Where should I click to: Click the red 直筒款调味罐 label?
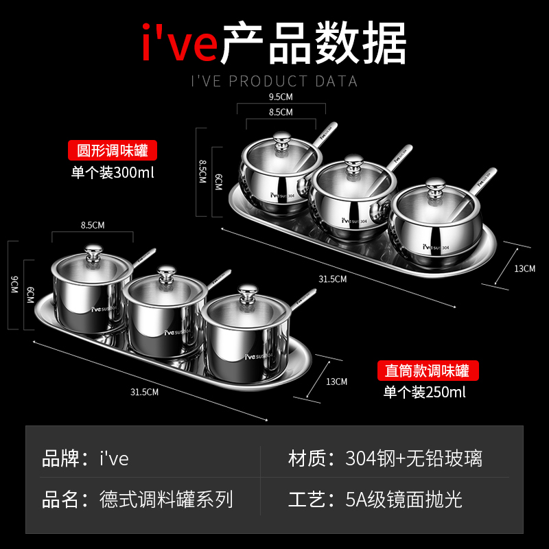[428, 371]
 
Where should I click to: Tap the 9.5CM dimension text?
[281, 97]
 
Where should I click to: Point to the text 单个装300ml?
[113, 172]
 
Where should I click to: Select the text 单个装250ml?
[424, 393]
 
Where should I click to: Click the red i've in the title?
[180, 43]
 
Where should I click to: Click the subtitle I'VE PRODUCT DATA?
[274, 82]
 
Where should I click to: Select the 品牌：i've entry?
[86, 458]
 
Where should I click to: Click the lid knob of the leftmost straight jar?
[91, 250]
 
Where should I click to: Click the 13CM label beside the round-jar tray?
[524, 268]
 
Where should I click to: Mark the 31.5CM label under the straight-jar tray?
[145, 392]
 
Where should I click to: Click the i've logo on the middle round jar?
[347, 221]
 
